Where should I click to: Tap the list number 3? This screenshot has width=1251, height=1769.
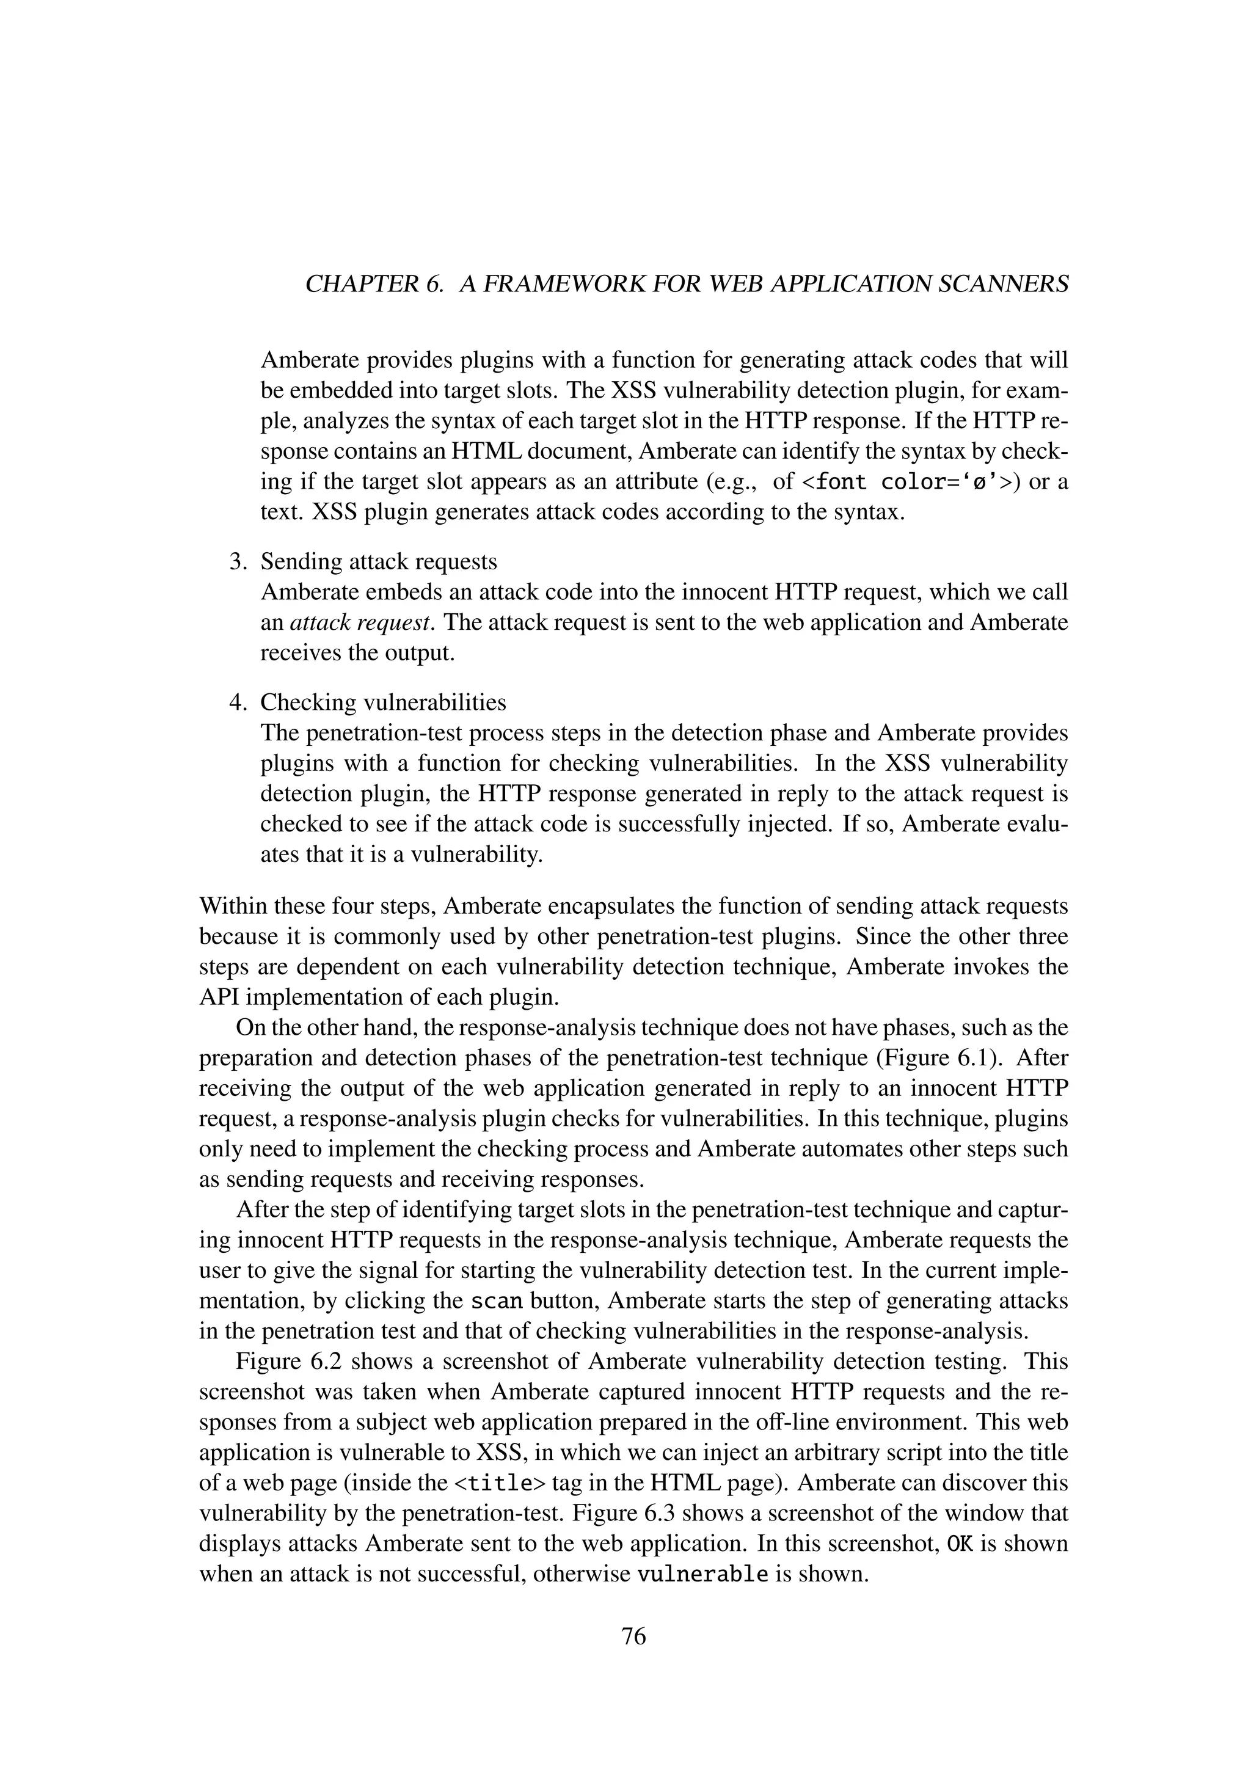(x=238, y=562)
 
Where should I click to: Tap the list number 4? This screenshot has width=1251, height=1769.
(x=238, y=702)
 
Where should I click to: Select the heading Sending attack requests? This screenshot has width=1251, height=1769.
(x=378, y=562)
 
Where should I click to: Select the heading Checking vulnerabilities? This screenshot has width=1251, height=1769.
(x=383, y=702)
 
